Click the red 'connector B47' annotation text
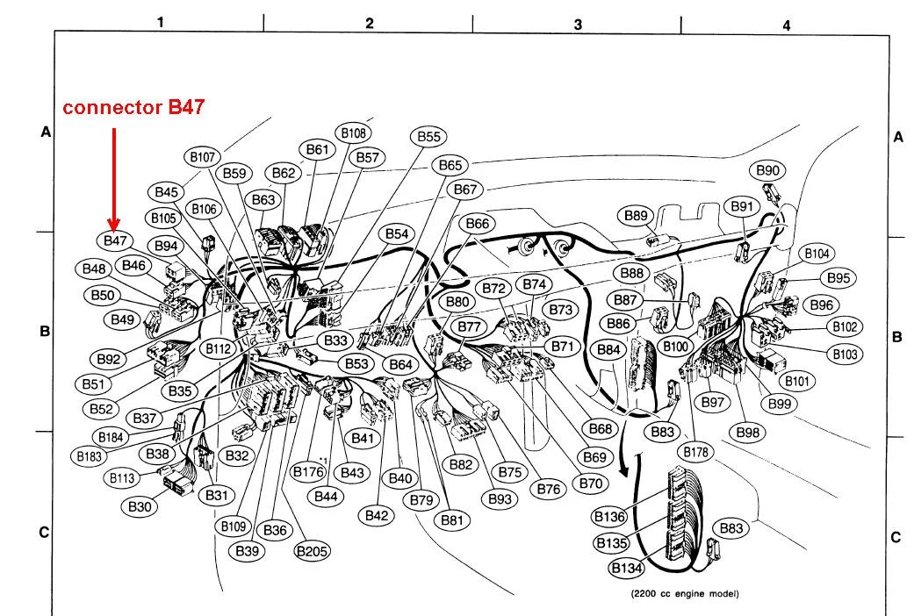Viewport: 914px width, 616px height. (133, 107)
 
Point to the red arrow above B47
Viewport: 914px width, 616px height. (114, 179)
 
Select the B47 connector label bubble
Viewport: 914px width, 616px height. (115, 240)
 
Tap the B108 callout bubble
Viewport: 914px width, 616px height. (353, 133)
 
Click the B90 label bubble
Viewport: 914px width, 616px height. (767, 171)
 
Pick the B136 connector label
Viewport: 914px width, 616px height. (609, 516)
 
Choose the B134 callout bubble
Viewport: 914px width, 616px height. (627, 568)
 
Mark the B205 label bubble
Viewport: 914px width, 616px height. (312, 551)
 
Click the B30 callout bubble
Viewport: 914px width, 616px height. (140, 506)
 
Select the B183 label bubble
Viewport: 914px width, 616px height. (90, 456)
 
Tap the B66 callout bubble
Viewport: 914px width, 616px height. (478, 224)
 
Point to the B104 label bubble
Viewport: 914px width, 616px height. (817, 254)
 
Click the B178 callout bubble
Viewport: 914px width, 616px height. (695, 452)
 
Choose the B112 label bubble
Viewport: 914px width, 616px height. (218, 349)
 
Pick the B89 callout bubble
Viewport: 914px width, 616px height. (636, 216)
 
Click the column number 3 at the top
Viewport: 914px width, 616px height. (578, 25)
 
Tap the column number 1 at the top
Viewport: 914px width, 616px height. (161, 22)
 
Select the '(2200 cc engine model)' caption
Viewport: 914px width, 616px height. (685, 594)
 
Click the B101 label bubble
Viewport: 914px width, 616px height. (796, 381)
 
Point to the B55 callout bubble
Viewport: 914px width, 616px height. (428, 137)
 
